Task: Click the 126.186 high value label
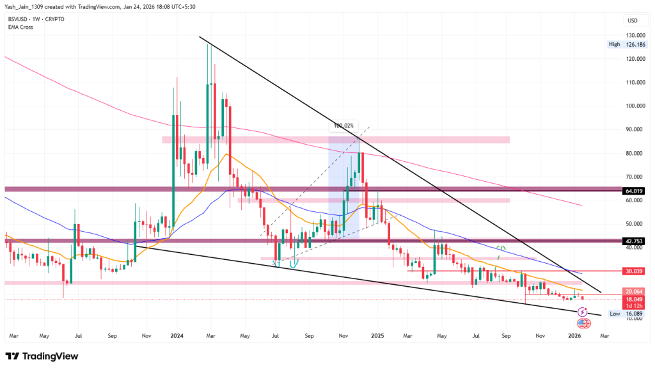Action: [636, 45]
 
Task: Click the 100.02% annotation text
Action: [344, 126]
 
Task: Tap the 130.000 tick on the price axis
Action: [635, 36]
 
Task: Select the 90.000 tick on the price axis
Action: [635, 130]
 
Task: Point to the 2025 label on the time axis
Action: [377, 335]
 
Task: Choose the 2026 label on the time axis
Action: [574, 335]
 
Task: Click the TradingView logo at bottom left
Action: [43, 356]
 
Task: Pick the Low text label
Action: [614, 314]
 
